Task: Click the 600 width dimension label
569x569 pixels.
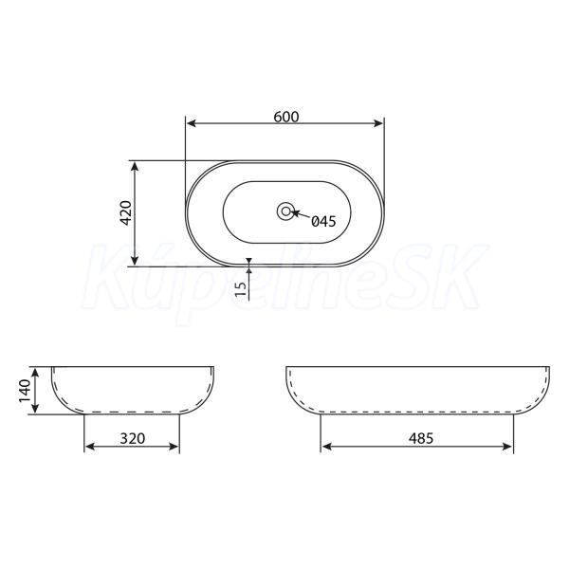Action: [286, 117]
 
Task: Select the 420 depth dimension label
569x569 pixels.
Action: [126, 212]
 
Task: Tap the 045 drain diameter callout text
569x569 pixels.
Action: [323, 221]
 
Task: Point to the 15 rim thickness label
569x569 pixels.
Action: [240, 289]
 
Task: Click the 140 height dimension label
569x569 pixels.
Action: [25, 391]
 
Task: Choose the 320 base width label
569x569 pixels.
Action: [133, 438]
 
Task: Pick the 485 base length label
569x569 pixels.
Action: [421, 438]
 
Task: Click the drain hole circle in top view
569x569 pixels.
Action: [285, 211]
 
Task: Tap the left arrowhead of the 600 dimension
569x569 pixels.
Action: [192, 123]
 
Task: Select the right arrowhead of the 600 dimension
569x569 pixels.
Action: [377, 123]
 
